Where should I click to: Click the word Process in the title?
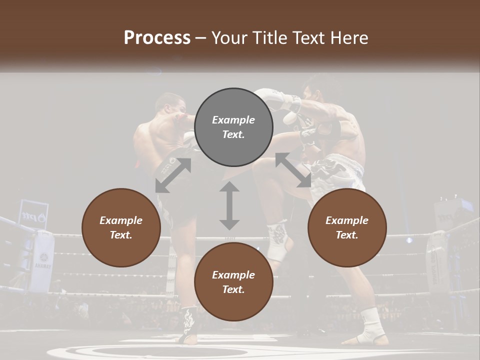(x=157, y=38)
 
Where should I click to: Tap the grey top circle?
(x=233, y=127)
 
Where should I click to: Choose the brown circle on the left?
(x=121, y=228)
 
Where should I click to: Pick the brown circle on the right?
(x=347, y=228)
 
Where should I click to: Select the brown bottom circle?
(x=233, y=282)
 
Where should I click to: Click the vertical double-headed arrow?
(x=229, y=205)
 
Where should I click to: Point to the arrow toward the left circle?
(x=173, y=175)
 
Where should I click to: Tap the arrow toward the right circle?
(x=293, y=170)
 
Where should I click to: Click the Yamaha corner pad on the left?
(x=42, y=260)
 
